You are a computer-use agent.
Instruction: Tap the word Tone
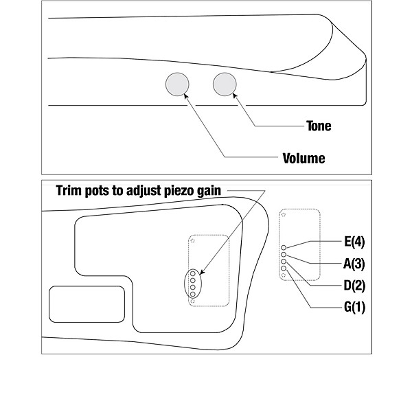point(318,126)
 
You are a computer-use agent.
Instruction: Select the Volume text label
point(304,158)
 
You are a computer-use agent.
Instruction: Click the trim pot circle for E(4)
point(284,247)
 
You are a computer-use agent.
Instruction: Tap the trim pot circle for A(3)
point(284,254)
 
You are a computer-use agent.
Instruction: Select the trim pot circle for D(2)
point(284,262)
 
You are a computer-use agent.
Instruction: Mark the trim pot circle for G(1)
point(284,268)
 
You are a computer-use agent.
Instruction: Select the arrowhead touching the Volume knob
point(185,96)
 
